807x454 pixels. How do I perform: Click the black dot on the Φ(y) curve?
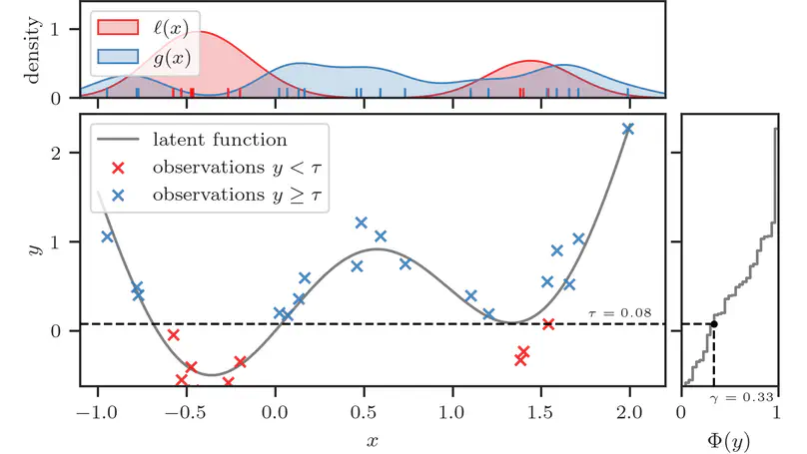[x=713, y=323]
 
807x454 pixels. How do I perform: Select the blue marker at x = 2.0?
[x=628, y=129]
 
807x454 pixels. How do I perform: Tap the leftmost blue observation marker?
[x=108, y=236]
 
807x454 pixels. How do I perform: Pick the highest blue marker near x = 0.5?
[x=362, y=223]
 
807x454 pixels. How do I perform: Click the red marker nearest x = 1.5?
[x=548, y=323]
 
